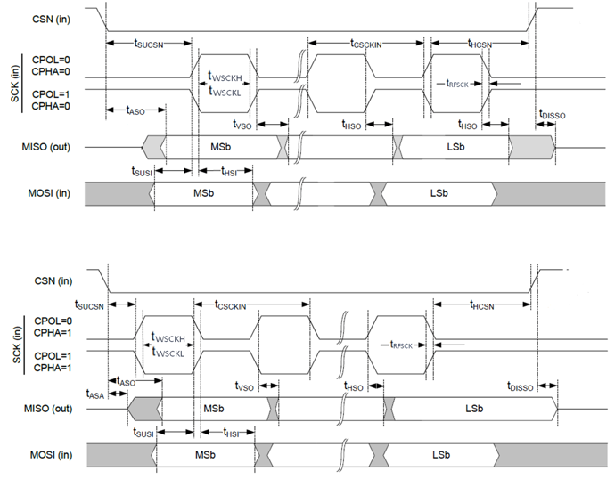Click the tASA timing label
94,393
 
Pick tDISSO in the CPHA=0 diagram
552,116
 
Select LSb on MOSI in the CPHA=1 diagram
440,454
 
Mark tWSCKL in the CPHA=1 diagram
168,353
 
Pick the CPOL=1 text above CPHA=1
53,353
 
